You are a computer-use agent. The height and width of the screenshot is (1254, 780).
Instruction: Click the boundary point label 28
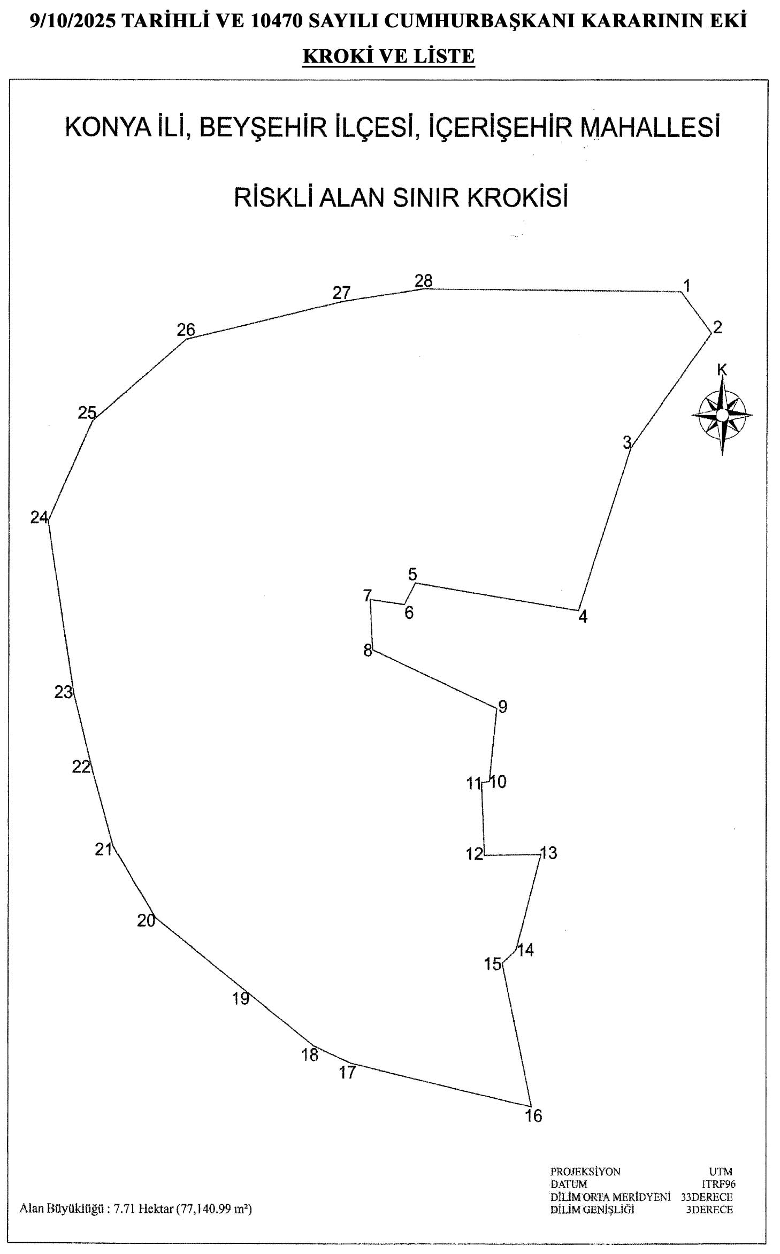(423, 280)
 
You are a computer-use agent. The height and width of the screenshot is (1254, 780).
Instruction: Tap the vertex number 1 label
(687, 285)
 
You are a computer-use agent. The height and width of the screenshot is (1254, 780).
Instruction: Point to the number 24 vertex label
(39, 517)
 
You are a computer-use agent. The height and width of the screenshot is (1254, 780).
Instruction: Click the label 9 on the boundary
(502, 707)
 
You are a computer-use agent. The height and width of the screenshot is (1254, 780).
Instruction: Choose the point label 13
(548, 853)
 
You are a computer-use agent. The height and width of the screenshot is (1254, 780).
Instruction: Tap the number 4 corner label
(583, 617)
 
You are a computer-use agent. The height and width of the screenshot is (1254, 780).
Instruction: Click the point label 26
(186, 330)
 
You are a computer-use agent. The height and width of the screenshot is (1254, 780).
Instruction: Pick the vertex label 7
(367, 595)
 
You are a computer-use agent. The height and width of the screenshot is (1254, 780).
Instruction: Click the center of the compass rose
(722, 415)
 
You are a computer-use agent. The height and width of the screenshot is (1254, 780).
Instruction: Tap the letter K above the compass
(722, 370)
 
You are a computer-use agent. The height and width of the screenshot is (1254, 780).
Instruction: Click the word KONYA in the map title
(106, 127)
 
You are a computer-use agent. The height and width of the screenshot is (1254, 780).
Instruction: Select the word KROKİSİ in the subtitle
(518, 197)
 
